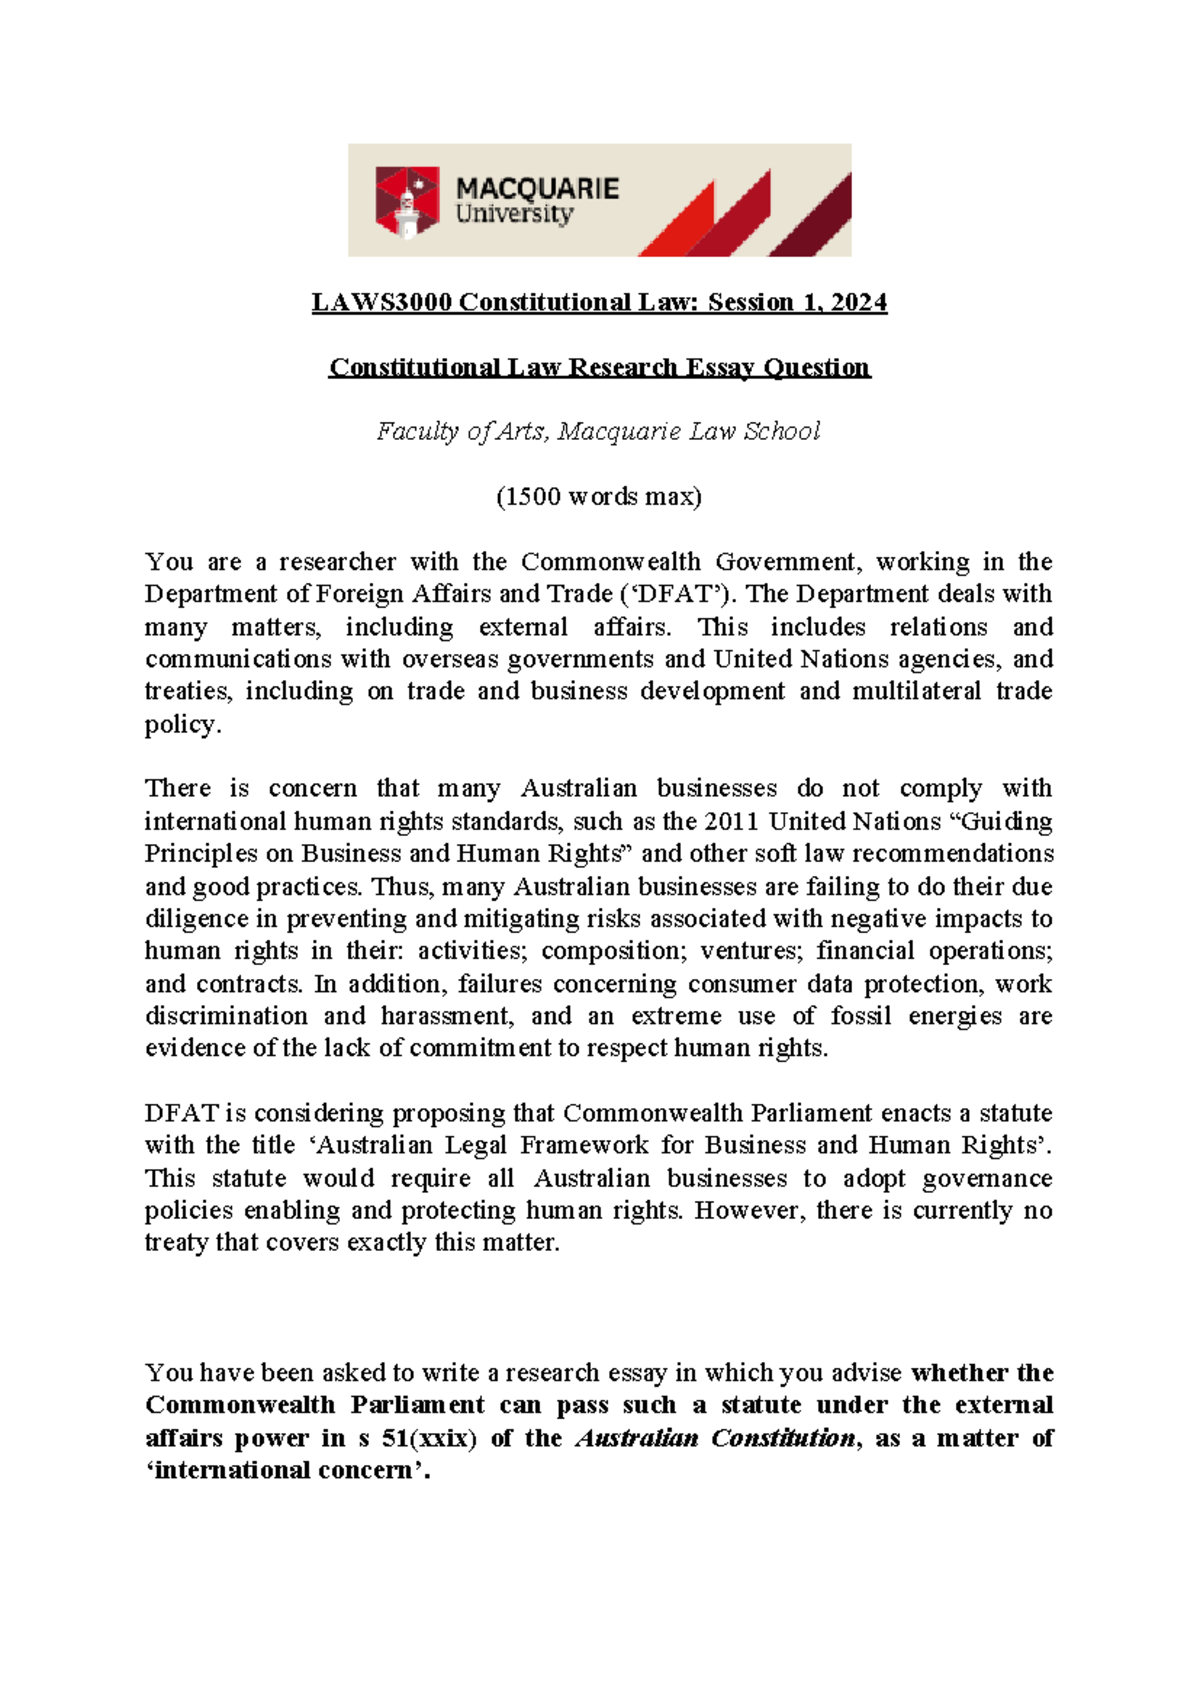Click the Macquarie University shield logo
[407, 201]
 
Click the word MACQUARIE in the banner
[537, 188]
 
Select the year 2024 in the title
[858, 302]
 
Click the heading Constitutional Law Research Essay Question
[600, 367]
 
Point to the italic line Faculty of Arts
[598, 431]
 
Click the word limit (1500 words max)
[599, 496]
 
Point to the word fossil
[860, 1016]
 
